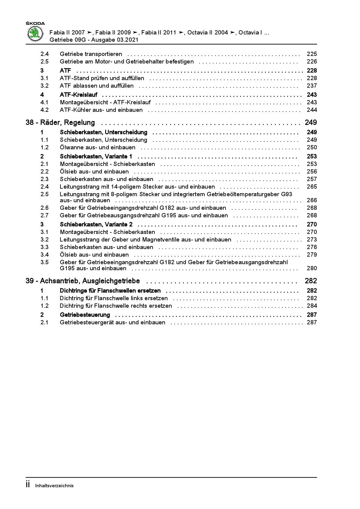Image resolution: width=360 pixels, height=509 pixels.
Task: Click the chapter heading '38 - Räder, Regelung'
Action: click(60, 122)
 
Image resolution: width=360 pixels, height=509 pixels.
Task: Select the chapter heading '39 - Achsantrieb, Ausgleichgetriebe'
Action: click(83, 281)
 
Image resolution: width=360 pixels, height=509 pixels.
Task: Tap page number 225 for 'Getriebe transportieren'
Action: click(312, 54)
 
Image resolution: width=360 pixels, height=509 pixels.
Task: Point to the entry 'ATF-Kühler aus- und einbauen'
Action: click(101, 110)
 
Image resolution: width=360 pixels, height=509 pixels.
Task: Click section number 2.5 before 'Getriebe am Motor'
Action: click(44, 62)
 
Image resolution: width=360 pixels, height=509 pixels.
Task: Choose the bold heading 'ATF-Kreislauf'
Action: click(78, 95)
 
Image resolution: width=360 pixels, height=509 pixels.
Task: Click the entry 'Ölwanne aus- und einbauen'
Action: click(97, 148)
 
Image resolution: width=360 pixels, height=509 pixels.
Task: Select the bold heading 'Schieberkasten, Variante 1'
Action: click(96, 157)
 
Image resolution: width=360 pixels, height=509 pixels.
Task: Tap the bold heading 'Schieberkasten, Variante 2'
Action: click(96, 225)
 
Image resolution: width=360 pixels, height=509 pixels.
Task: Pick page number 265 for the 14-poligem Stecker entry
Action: click(312, 187)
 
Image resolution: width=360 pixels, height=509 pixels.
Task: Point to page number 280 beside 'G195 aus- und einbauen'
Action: click(312, 268)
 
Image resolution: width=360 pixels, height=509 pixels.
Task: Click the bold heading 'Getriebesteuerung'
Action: click(85, 315)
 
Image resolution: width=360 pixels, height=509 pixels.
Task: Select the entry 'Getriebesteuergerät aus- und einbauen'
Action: click(112, 323)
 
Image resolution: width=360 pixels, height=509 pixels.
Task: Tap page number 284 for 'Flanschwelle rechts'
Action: click(312, 306)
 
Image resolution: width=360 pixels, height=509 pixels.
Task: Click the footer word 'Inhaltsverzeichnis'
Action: click(54, 486)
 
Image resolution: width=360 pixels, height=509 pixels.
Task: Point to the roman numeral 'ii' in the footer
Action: click(28, 485)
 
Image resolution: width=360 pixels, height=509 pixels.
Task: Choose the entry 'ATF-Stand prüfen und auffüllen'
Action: click(102, 78)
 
